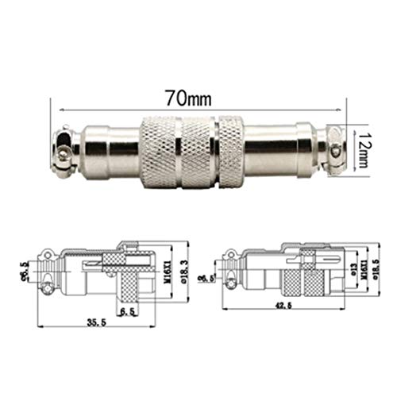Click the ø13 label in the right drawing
pyautogui.click(x=348, y=270)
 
